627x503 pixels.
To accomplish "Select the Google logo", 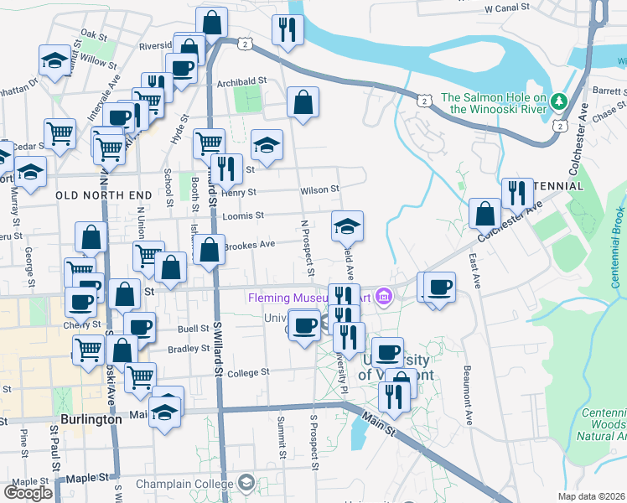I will (x=28, y=491).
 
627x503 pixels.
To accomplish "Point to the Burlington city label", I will (x=86, y=419).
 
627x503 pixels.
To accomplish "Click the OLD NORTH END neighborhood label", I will (x=103, y=194).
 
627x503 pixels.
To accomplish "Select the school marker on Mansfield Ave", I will (x=347, y=225).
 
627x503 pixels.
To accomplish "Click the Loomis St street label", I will (x=243, y=215).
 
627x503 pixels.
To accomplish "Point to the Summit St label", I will (x=282, y=439).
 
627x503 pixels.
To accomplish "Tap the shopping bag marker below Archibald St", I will (x=303, y=104).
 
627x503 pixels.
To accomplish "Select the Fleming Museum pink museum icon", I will (x=384, y=296).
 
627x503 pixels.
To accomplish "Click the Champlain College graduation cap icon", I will (x=246, y=483).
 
